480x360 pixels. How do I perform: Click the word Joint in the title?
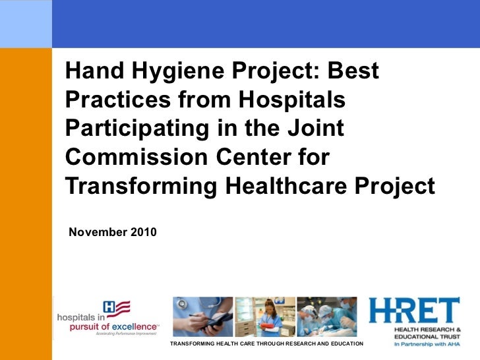315,128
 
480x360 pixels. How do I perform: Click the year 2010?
141,232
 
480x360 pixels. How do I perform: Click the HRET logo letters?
413,311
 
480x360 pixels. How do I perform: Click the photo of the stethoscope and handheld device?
202,316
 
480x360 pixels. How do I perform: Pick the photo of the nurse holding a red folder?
264,316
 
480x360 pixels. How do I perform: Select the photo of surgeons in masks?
326,316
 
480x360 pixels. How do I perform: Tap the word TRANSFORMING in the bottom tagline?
191,344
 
